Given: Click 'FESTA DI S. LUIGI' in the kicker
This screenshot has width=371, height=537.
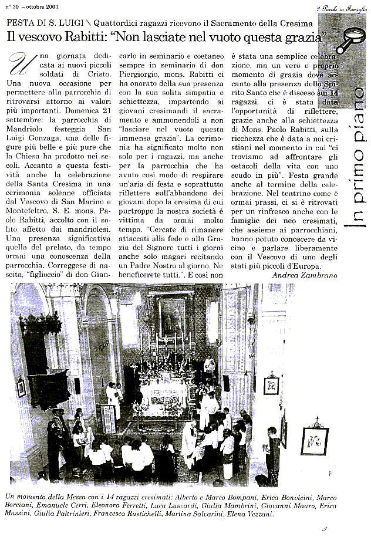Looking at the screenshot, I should point(41,23).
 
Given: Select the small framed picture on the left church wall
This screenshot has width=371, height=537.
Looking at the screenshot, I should point(22,387).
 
